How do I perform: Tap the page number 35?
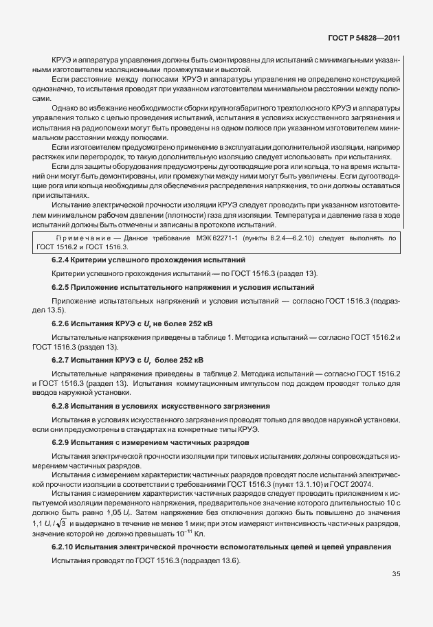click(397, 593)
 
